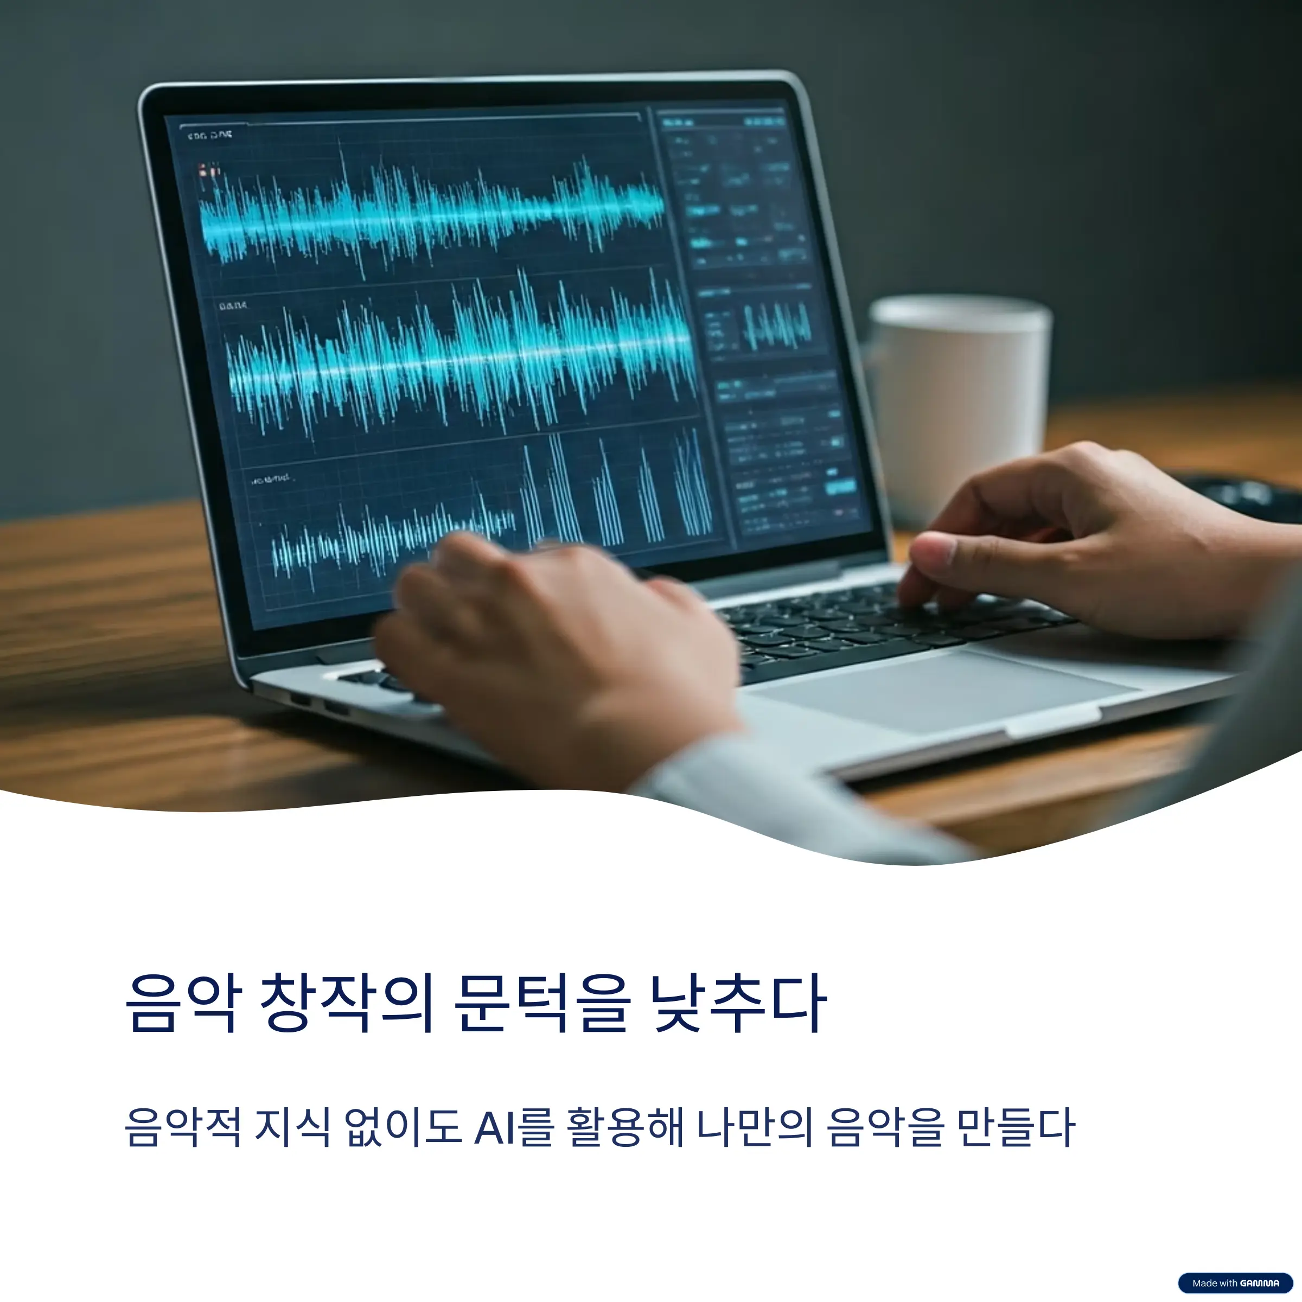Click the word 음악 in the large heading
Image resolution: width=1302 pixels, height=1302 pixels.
(182, 1004)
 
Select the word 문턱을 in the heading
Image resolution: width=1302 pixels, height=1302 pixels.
(542, 1004)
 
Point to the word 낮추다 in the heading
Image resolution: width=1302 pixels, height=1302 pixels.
(738, 1004)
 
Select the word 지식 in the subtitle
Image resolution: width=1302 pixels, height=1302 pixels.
(292, 1127)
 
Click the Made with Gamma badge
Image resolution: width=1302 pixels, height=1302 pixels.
(1235, 1283)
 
